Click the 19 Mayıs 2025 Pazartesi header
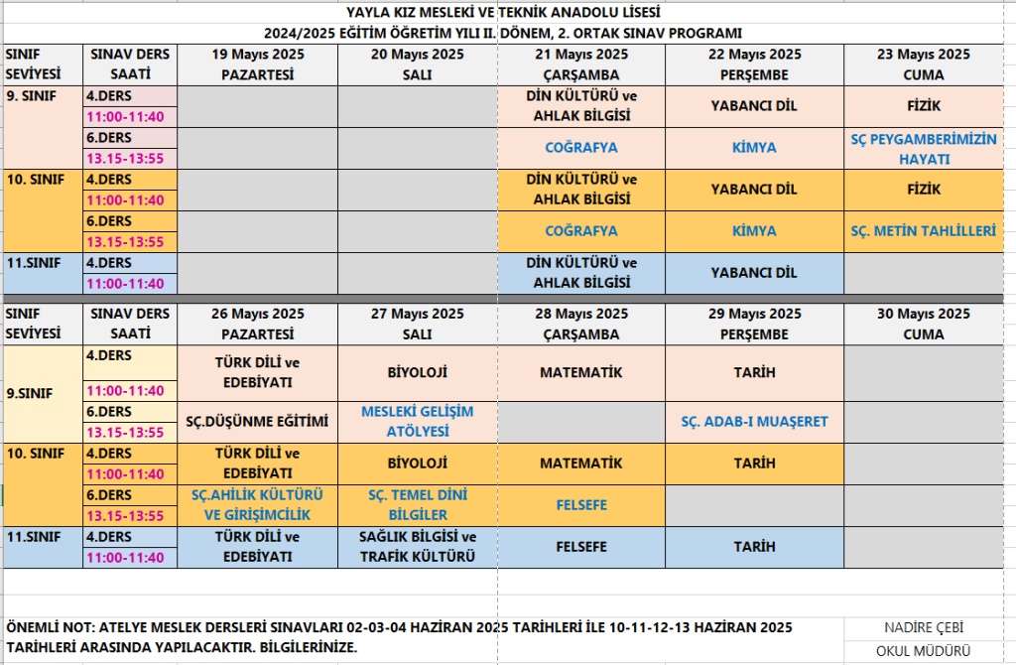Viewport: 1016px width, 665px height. click(x=258, y=65)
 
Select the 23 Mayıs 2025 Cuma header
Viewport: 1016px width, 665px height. click(x=923, y=65)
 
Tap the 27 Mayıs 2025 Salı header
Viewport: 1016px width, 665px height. click(x=417, y=325)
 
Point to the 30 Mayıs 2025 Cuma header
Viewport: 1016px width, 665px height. click(x=923, y=325)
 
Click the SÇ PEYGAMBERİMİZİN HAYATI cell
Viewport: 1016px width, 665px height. click(x=923, y=149)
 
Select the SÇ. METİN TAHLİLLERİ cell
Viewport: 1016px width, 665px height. click(x=923, y=231)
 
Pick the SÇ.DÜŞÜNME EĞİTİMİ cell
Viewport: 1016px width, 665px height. click(x=257, y=422)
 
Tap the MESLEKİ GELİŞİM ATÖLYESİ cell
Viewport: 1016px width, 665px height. click(x=417, y=422)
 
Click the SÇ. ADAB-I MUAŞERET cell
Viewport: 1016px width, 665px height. click(x=754, y=422)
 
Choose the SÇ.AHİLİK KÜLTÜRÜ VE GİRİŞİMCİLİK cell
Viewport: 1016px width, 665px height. click(x=257, y=504)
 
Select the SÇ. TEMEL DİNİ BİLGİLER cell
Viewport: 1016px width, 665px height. click(x=417, y=504)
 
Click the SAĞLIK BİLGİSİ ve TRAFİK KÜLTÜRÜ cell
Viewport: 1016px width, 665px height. click(x=417, y=547)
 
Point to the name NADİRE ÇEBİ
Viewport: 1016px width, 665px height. click(x=923, y=628)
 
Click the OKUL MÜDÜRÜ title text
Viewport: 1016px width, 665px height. click(x=923, y=652)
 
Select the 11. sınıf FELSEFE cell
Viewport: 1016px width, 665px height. click(x=581, y=547)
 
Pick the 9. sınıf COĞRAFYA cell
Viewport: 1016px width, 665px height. click(x=581, y=148)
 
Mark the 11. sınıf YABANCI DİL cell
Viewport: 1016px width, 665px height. click(x=754, y=273)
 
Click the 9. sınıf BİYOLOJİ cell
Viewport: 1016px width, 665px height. click(x=417, y=373)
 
